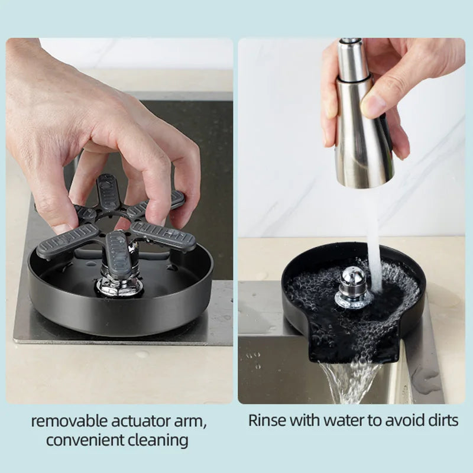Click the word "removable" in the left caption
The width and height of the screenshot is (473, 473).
[69, 421]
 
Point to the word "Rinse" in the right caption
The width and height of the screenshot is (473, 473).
[267, 420]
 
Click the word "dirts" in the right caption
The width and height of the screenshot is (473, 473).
[443, 420]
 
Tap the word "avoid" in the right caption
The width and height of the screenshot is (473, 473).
[404, 420]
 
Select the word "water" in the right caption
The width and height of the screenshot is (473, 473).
[342, 421]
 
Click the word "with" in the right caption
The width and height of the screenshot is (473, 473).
[303, 420]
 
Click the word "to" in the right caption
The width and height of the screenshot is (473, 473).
[374, 421]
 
